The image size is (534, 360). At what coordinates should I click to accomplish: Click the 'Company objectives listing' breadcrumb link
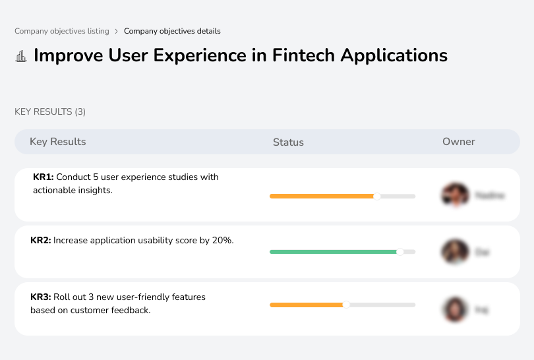62,31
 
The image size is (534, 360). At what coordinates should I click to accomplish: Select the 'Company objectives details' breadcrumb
172,31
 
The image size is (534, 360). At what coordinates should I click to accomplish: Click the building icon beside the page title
21,56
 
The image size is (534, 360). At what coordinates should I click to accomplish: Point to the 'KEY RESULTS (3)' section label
50,112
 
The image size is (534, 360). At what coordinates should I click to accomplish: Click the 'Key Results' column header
58,142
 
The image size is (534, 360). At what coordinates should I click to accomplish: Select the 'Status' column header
288,142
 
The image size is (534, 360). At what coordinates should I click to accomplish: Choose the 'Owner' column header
459,142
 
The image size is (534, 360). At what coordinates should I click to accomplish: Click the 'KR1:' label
44,177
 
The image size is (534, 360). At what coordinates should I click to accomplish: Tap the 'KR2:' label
41,241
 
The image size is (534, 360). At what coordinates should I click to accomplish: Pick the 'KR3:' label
41,297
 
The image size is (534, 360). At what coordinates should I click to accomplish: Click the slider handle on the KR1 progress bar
377,196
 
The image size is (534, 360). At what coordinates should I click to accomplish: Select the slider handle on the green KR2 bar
400,252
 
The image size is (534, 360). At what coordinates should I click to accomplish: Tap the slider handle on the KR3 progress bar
346,305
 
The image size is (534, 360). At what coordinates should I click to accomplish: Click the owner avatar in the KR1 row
455,195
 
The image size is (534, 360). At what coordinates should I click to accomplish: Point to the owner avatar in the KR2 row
455,252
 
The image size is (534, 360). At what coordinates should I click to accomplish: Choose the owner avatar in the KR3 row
455,309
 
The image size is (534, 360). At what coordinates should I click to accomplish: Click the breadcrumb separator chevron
116,31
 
